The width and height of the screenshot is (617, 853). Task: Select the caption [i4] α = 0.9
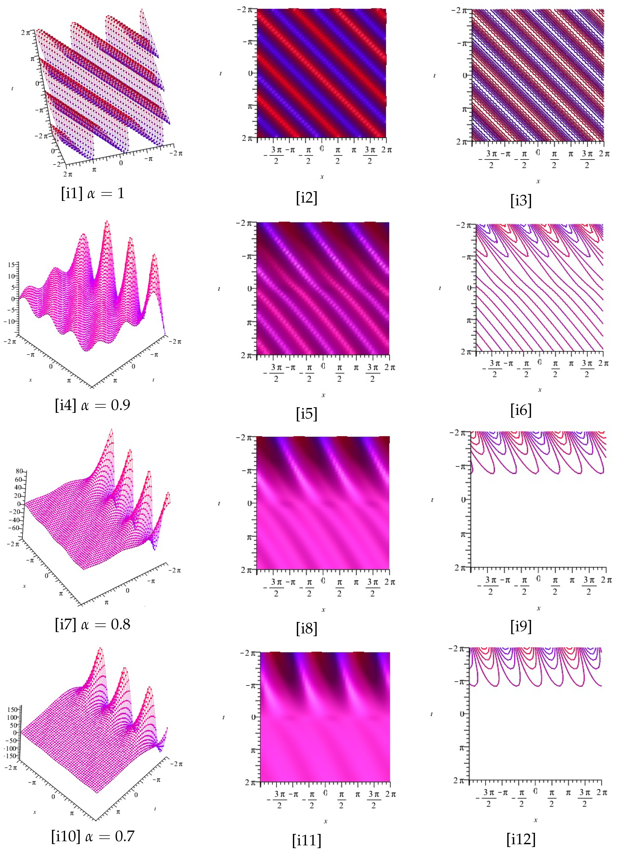tap(92, 405)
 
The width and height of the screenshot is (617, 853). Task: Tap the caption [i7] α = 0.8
tap(92, 624)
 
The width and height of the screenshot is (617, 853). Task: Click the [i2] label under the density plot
tap(307, 198)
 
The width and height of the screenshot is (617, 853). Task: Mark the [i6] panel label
tap(521, 410)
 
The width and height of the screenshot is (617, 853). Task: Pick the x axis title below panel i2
tap(322, 176)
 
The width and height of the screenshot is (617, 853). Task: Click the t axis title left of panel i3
tap(435, 76)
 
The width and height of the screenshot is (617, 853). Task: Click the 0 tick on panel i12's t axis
tap(463, 714)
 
